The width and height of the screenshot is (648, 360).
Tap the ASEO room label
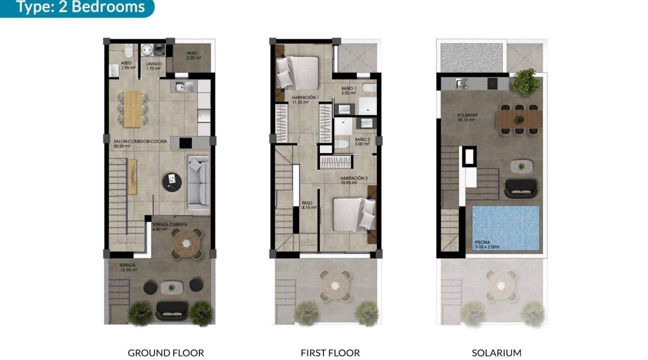tap(126, 66)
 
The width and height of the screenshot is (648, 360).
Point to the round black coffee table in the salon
tap(172, 182)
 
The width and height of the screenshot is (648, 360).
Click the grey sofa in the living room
tap(198, 182)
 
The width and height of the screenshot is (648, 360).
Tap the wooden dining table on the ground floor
tap(132, 108)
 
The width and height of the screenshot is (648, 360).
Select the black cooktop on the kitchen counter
tap(185, 143)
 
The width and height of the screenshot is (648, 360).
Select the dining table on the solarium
tap(519, 119)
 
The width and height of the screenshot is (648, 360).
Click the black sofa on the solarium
tap(521, 189)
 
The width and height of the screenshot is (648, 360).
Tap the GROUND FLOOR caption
tap(166, 353)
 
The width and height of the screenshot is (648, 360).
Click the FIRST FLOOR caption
tap(330, 353)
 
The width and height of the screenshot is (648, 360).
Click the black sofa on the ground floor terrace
tap(171, 310)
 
